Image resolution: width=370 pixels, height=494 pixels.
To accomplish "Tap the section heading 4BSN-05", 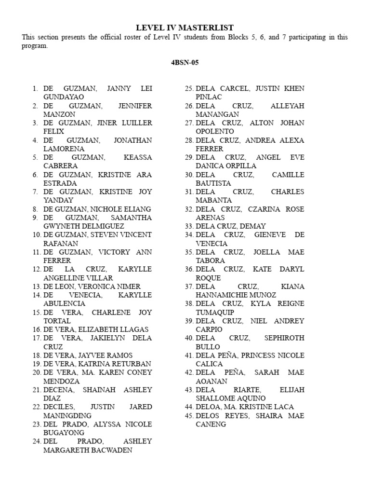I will [185, 63].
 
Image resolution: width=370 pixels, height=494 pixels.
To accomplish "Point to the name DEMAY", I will [251, 226].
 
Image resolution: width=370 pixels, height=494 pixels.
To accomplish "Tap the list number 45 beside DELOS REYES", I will [189, 415].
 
